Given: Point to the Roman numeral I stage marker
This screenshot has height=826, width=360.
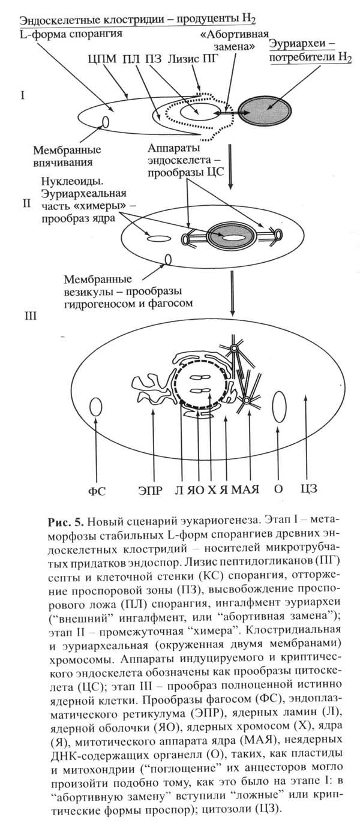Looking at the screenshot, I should coord(22,94).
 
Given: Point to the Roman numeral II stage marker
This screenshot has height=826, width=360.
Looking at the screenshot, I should coord(26,203).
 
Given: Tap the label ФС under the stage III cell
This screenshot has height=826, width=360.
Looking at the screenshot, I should coord(97,490).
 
